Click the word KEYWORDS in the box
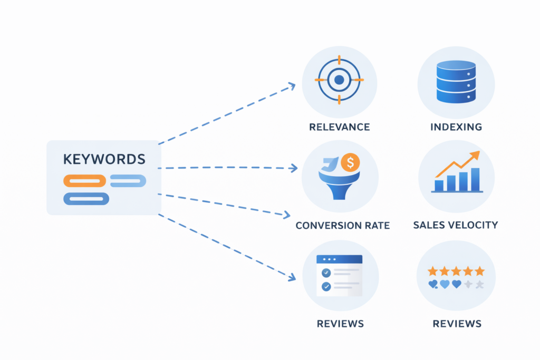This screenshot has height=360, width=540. tap(104, 159)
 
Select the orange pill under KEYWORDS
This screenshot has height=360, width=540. tap(84, 181)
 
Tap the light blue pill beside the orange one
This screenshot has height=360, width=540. tap(128, 181)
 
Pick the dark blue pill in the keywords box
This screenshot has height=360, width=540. tap(86, 199)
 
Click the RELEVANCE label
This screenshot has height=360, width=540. tap(340, 127)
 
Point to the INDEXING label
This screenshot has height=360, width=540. tap(456, 127)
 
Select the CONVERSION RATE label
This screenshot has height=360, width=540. tap(342, 226)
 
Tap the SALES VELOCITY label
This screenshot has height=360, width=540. tap(456, 225)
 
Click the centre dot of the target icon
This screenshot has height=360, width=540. tap(339, 80)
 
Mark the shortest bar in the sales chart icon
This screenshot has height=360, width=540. tap(439, 185)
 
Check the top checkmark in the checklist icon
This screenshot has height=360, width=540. tap(326, 273)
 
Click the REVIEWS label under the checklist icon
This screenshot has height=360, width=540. tap(340, 323)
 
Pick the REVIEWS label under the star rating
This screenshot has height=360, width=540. tap(457, 323)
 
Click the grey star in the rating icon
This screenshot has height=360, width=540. tap(479, 285)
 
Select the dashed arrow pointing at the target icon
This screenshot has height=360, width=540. tap(227, 114)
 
